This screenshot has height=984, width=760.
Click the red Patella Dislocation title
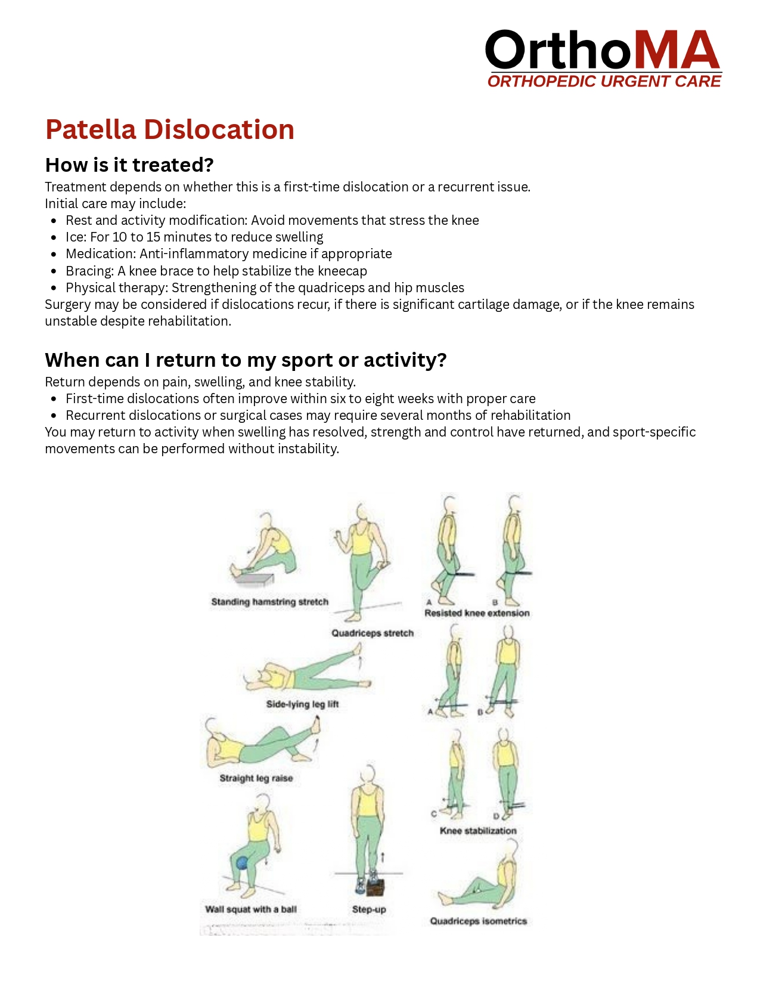[170, 129]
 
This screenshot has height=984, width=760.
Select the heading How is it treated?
[129, 165]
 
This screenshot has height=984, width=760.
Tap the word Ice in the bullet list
[76, 237]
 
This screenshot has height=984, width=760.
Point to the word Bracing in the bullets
[89, 271]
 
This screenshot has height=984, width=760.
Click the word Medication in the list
[100, 254]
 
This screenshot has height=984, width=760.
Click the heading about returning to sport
[246, 360]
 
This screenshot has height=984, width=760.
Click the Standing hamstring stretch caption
[269, 602]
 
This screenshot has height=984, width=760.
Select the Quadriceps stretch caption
[373, 633]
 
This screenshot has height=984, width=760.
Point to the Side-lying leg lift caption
[302, 704]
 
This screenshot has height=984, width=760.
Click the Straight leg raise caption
[256, 778]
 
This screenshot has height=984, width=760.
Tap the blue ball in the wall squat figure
[242, 862]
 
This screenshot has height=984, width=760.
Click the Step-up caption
[369, 909]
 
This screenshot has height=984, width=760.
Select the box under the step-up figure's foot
[374, 887]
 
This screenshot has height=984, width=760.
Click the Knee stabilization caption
[478, 831]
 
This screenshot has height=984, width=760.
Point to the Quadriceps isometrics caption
[479, 921]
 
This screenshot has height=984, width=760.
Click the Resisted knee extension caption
[477, 613]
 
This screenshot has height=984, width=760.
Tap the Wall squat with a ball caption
[251, 909]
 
